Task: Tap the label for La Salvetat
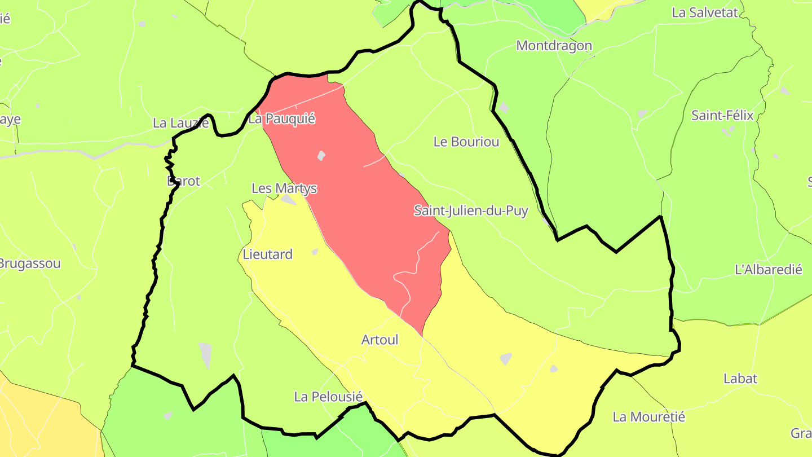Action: coord(705,12)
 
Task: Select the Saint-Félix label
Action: coord(722,116)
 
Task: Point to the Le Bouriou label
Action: coord(466,142)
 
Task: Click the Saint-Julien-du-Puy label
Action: coord(471,211)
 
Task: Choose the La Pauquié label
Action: coord(281,119)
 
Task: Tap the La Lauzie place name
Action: coord(180,122)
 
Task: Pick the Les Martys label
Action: coord(284,188)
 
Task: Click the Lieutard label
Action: coord(268,254)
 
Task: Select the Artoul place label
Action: coord(379,340)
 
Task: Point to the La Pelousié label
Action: coord(328,397)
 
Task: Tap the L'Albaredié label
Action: coord(768,270)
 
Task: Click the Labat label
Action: coord(740,379)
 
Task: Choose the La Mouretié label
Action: coord(648,417)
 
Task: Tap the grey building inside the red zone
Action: coord(321,155)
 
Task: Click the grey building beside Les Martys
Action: coord(288,199)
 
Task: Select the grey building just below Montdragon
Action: coord(504,107)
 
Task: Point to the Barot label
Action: coord(184,181)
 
